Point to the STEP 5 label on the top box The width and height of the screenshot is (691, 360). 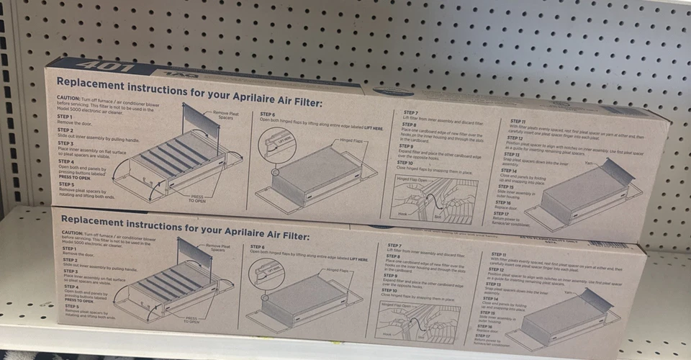point(66,184)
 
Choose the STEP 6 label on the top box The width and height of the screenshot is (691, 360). point(268,114)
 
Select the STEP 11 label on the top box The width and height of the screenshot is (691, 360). point(518,122)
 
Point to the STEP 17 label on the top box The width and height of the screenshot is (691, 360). point(502,213)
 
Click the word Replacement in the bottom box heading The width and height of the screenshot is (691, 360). point(96,220)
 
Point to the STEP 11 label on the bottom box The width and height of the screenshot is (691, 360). point(499,254)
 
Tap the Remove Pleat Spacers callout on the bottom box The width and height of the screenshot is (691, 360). point(217,248)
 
